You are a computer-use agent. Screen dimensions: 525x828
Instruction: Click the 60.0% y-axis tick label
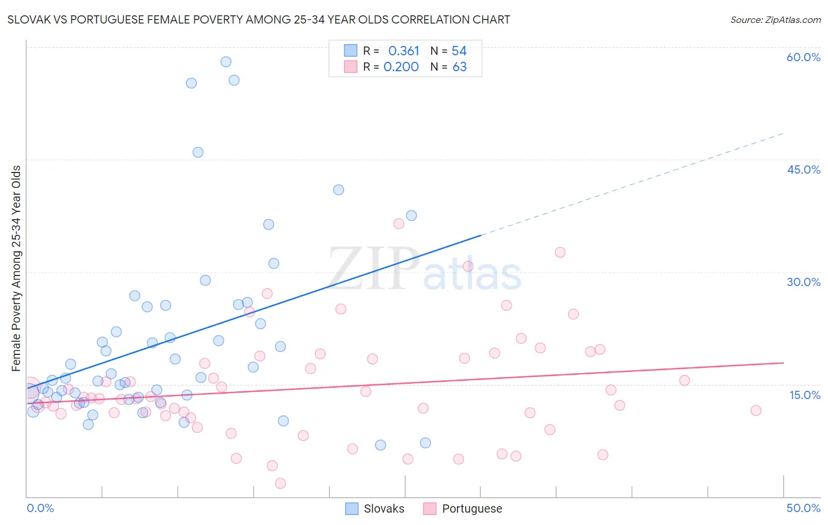point(803,57)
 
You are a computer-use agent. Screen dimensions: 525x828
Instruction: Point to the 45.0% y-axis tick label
point(803,170)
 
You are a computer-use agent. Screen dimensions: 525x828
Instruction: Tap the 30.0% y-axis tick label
point(803,282)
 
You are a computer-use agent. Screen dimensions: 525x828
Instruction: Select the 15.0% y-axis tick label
point(804,395)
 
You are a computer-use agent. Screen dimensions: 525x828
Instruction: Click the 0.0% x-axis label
point(40,508)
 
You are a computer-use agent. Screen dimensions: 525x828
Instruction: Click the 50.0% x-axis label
point(803,508)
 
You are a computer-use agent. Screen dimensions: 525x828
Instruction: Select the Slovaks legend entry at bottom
point(375,509)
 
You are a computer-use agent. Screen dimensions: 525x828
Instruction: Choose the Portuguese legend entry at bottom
point(463,509)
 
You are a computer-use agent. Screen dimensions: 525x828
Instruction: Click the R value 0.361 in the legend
point(403,51)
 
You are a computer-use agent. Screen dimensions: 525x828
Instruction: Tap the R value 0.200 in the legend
point(401,67)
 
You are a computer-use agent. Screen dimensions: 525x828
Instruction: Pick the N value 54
point(459,51)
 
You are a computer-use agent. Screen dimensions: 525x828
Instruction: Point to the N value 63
point(459,67)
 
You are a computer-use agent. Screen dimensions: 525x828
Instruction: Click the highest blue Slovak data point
point(226,62)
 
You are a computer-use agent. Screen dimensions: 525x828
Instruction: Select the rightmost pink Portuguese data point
point(756,410)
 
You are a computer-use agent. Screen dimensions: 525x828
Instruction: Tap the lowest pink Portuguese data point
point(280,483)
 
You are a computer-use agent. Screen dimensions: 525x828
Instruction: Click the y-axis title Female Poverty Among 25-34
point(16,268)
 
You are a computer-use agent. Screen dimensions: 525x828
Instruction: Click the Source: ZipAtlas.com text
point(775,20)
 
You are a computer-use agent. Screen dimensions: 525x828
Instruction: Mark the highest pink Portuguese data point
point(399,224)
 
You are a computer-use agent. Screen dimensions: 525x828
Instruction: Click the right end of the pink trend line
point(783,363)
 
